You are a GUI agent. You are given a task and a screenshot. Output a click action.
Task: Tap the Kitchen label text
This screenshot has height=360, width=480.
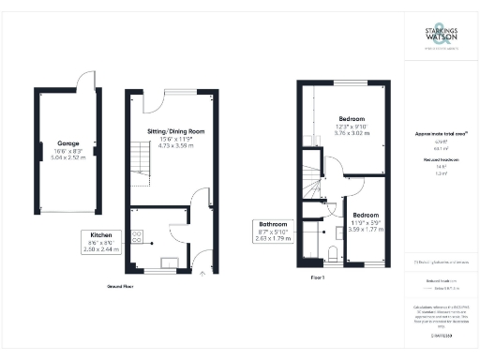[x=102, y=234]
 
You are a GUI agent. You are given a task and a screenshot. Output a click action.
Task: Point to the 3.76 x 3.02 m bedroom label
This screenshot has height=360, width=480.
[x=356, y=134]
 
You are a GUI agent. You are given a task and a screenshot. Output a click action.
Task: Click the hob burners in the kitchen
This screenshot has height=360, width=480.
[x=137, y=235]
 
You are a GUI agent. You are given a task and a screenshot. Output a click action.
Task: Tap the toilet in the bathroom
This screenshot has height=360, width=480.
[x=334, y=253]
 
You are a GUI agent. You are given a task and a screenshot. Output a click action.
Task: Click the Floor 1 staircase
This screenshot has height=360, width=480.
[x=309, y=187]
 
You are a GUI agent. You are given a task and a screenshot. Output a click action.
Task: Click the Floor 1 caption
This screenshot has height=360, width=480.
[x=317, y=278]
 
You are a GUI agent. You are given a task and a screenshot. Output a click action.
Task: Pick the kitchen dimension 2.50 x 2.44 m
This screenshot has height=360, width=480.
[x=102, y=250]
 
